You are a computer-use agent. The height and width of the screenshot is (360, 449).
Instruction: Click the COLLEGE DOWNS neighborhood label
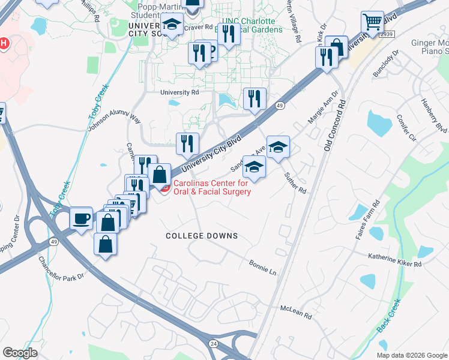point(202,236)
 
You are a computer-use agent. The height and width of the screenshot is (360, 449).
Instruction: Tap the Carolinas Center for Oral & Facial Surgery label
point(211,187)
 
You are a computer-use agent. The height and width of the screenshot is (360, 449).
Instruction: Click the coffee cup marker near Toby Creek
point(81,218)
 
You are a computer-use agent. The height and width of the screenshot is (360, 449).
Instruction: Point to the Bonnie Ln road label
point(262,268)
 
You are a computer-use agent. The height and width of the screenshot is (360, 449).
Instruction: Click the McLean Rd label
point(297,311)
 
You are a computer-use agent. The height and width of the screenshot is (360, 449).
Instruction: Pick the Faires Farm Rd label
point(366,218)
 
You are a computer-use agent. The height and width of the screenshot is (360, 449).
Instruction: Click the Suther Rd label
point(295,182)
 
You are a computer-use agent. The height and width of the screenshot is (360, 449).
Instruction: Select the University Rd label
point(179,92)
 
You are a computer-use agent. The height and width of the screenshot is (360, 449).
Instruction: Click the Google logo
point(20,353)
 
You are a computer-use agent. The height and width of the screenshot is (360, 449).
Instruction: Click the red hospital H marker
point(4,44)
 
